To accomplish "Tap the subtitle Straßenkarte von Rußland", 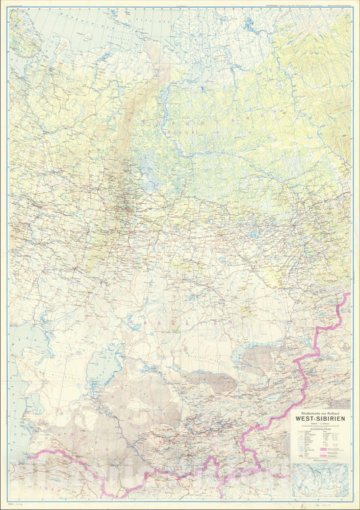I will click(x=319, y=409).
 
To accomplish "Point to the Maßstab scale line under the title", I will click(x=319, y=423).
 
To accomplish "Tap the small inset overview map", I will click(x=321, y=482).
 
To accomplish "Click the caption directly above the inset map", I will click(x=321, y=468).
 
